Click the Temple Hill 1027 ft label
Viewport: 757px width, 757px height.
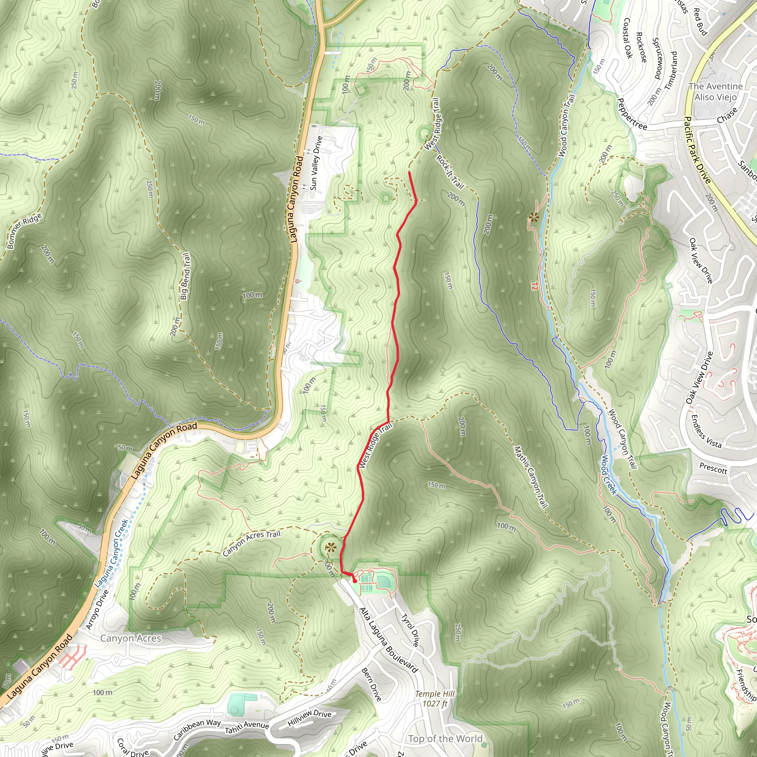435,699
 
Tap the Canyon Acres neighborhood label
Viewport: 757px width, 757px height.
130,638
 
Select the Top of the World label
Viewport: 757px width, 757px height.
445,739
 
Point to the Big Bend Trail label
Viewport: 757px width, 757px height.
185,276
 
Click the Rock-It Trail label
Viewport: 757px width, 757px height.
450,172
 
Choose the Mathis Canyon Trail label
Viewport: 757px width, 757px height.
530,477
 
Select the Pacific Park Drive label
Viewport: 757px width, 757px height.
697,150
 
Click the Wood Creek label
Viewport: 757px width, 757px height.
609,475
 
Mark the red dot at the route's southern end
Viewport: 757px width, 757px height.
354,581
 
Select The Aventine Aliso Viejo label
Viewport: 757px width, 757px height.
716,91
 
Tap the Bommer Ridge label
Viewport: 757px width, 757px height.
24,231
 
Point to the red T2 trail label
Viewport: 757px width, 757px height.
534,286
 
